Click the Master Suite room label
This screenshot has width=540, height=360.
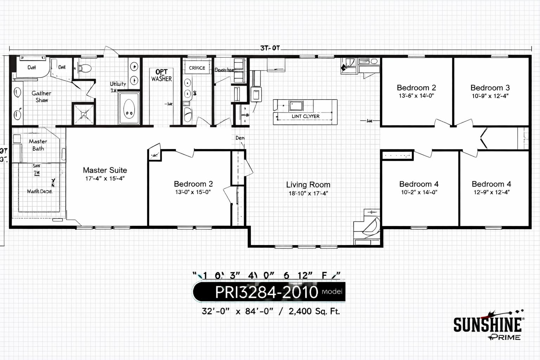[105, 170]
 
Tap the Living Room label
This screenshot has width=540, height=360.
[308, 185]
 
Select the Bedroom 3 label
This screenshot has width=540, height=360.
[490, 88]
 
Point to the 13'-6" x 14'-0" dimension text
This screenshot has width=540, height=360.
[416, 96]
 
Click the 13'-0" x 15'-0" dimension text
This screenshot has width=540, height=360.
[193, 192]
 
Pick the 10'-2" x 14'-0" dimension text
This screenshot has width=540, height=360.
[419, 192]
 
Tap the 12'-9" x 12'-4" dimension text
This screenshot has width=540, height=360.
[491, 192]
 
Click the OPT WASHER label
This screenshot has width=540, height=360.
[161, 76]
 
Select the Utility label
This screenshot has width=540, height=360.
[118, 84]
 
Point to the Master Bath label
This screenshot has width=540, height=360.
[38, 145]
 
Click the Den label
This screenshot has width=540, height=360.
[240, 138]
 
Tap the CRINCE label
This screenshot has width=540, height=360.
[197, 68]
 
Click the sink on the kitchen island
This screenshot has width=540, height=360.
[296, 105]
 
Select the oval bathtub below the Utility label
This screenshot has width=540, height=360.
[129, 109]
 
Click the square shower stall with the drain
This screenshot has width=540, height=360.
[84, 114]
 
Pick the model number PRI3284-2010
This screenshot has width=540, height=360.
[266, 292]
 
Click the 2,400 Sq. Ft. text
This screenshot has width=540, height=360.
[314, 311]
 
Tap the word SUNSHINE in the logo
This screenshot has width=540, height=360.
[487, 324]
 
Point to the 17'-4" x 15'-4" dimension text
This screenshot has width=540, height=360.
[105, 179]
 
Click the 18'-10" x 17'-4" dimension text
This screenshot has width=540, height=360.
[308, 193]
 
